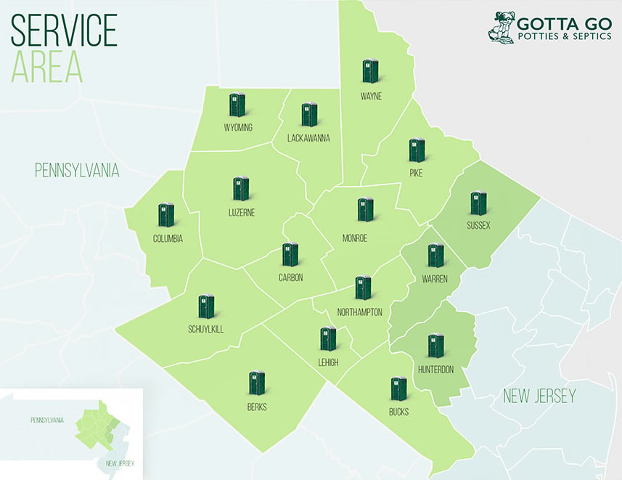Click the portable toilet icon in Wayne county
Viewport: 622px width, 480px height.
[x=370, y=71]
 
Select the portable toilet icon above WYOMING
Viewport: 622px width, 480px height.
[x=237, y=105]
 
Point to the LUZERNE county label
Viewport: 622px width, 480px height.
[x=240, y=212]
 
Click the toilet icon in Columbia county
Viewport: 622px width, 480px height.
[x=166, y=215]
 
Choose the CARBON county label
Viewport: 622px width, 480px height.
[x=290, y=277]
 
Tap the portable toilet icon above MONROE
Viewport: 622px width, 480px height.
[x=365, y=210]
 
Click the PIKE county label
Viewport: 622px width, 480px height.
[x=416, y=173]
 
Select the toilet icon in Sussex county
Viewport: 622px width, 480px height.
[x=478, y=203]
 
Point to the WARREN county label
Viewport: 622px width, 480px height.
[x=435, y=279]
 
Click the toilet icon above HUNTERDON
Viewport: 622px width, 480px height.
[x=435, y=346]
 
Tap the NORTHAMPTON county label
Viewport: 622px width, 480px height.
[x=359, y=312]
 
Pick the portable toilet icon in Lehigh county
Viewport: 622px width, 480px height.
[x=328, y=338]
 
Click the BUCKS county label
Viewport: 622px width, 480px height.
[x=398, y=412]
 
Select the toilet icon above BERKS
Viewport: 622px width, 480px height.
[x=256, y=383]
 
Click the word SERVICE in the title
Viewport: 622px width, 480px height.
[x=64, y=30]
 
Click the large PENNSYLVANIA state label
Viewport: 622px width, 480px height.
[x=77, y=171]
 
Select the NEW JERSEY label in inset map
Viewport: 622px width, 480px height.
[x=120, y=463]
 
